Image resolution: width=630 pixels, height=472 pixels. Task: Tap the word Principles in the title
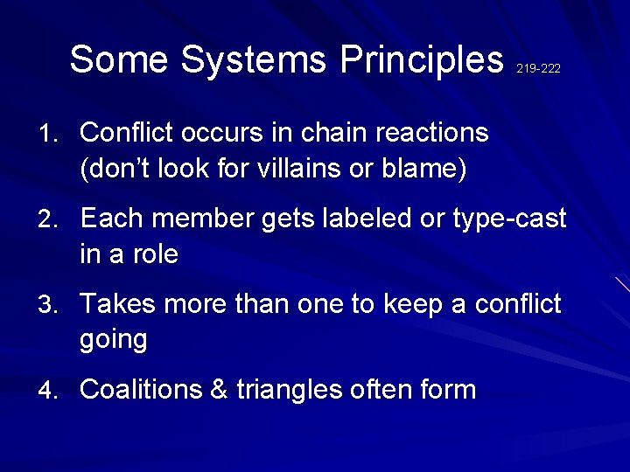(x=423, y=59)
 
